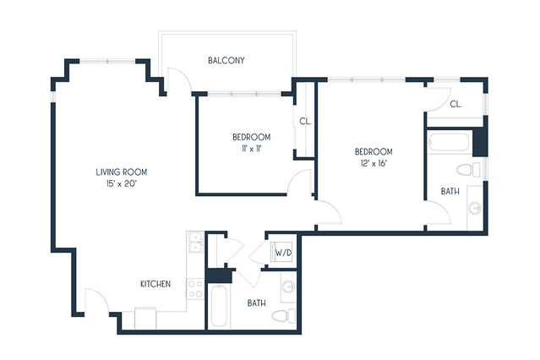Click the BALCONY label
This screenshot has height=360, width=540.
pyautogui.click(x=226, y=61)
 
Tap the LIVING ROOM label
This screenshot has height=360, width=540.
pyautogui.click(x=121, y=172)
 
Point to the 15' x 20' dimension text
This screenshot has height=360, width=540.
pyautogui.click(x=122, y=184)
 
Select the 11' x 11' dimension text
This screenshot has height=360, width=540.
pyautogui.click(x=252, y=149)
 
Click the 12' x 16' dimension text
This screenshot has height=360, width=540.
pyautogui.click(x=374, y=163)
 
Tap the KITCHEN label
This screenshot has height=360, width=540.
pyautogui.click(x=155, y=284)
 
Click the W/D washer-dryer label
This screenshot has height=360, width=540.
pyautogui.click(x=283, y=254)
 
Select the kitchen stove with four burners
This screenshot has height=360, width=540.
pyautogui.click(x=195, y=289)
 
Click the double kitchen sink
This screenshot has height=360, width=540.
pyautogui.click(x=195, y=243)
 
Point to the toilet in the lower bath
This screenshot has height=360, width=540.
pyautogui.click(x=284, y=315)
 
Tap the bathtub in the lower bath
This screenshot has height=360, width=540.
pyautogui.click(x=219, y=305)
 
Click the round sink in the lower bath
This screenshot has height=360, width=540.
pyautogui.click(x=289, y=287)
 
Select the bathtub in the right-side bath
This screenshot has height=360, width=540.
pyautogui.click(x=449, y=142)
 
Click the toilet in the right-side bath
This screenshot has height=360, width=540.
pyautogui.click(x=468, y=170)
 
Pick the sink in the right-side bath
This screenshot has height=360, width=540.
pyautogui.click(x=475, y=208)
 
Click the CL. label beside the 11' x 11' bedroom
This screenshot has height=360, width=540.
pyautogui.click(x=305, y=121)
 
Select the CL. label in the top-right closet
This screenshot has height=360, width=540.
pyautogui.click(x=456, y=104)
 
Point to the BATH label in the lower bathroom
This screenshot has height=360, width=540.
pyautogui.click(x=257, y=303)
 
